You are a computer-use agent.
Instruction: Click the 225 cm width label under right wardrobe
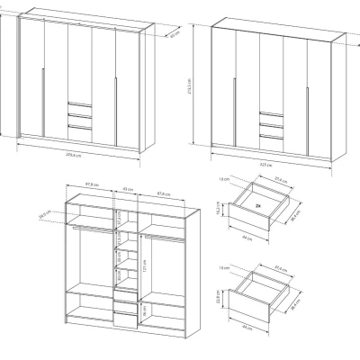[x=266, y=164]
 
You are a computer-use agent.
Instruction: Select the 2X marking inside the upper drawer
[x=257, y=206]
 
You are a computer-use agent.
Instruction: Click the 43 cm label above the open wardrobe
[x=125, y=190]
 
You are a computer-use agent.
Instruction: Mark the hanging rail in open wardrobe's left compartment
[x=88, y=229]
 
